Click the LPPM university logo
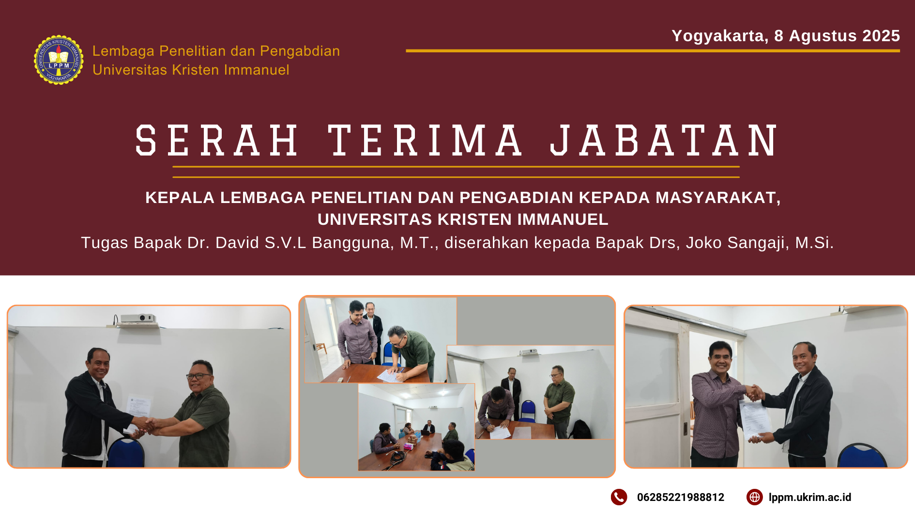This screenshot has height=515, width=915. pyautogui.click(x=59, y=60)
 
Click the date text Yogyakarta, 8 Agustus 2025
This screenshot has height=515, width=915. pyautogui.click(x=786, y=36)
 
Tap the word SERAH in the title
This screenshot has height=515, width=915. pyautogui.click(x=217, y=140)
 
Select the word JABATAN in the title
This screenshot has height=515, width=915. pyautogui.click(x=663, y=140)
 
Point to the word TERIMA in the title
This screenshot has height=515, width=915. pyautogui.click(x=425, y=140)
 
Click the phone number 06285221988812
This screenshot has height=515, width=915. pyautogui.click(x=681, y=497)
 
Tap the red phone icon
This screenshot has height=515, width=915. pyautogui.click(x=619, y=497)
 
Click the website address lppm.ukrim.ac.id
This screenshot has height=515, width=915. pyautogui.click(x=810, y=497)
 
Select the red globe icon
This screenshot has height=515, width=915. pyautogui.click(x=755, y=497)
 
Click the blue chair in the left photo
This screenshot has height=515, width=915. pyautogui.click(x=126, y=452)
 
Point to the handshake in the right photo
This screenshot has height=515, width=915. pyautogui.click(x=755, y=392)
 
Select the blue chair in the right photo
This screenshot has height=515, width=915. pyautogui.click(x=862, y=456)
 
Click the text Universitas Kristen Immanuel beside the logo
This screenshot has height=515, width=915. pyautogui.click(x=191, y=70)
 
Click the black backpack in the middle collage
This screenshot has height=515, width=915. pyautogui.click(x=579, y=430)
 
